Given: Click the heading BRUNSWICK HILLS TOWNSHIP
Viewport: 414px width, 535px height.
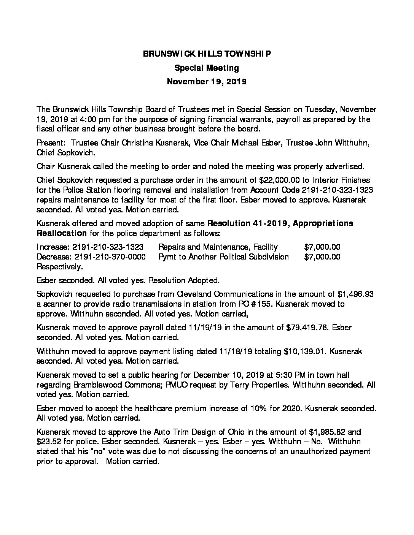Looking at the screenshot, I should click(207, 54).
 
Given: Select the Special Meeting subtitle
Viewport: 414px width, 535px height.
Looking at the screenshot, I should click(207, 68).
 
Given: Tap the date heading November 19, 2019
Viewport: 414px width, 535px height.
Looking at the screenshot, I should click(207, 82).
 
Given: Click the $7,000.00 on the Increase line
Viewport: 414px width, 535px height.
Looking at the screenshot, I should click(322, 247).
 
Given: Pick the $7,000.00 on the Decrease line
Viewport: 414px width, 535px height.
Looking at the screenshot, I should click(322, 257).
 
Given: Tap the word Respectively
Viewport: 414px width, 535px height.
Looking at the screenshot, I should click(59, 267).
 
